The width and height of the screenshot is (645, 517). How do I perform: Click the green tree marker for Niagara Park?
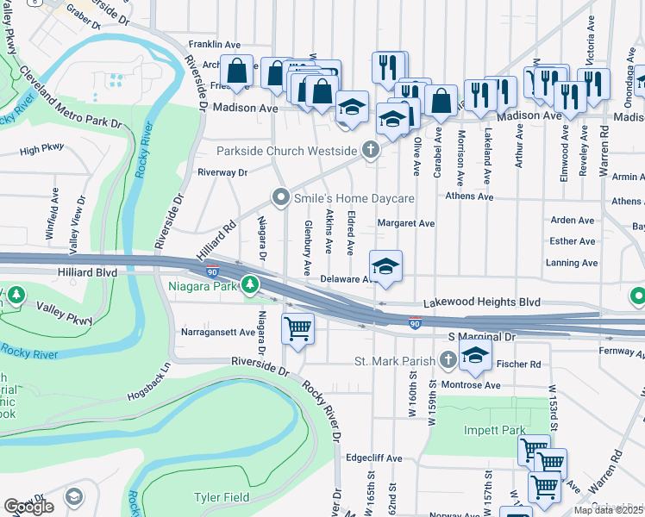coord(250,283)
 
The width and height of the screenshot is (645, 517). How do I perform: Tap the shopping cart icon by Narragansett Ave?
coord(297,328)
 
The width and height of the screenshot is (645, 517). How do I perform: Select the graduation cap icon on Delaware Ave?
coord(386,265)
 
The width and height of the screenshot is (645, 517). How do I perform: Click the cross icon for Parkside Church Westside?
coord(371,150)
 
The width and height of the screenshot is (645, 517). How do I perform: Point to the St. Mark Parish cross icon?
coord(448,358)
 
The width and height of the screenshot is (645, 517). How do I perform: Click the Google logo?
coord(28,507)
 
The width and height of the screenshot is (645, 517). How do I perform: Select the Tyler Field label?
coord(222,497)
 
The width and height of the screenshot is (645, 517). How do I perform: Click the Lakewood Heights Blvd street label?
coord(481,302)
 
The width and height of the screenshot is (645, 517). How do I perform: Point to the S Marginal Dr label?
coord(481,337)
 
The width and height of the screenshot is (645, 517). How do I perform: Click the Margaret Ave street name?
coord(406,222)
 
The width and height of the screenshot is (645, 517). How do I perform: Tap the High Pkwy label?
coord(42,150)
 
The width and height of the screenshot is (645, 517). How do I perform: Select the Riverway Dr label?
coord(222,172)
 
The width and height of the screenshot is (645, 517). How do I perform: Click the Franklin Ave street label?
coord(215,44)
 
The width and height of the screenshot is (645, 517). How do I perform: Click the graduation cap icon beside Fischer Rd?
coord(474,353)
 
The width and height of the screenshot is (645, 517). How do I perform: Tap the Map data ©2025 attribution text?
coord(607,510)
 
